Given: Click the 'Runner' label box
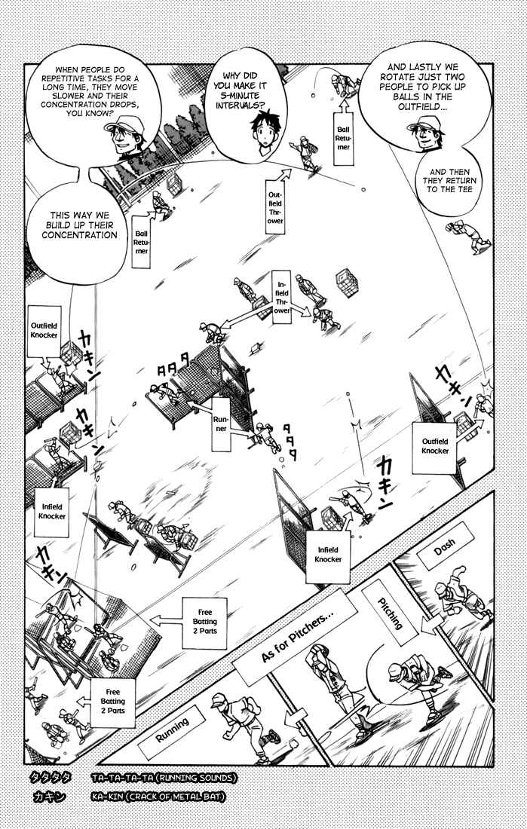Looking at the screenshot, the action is pyautogui.click(x=221, y=424).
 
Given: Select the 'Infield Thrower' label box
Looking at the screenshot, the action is pyautogui.click(x=282, y=297).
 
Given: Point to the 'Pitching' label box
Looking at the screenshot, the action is pyautogui.click(x=390, y=613).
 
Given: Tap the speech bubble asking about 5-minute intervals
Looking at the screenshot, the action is pyautogui.click(x=245, y=112).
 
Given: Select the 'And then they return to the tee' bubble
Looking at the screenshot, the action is pyautogui.click(x=449, y=182).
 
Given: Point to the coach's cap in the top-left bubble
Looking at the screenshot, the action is pyautogui.click(x=124, y=125).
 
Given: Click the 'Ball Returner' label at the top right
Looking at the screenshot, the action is pyautogui.click(x=343, y=138).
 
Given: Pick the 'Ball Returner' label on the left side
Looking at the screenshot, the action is pyautogui.click(x=141, y=242).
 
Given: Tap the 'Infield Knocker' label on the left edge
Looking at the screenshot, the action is pyautogui.click(x=52, y=512).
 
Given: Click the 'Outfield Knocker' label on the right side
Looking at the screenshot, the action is pyautogui.click(x=434, y=448).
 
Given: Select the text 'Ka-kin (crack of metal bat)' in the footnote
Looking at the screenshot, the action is pyautogui.click(x=158, y=797).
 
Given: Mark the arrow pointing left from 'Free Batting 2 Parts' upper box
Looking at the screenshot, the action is pyautogui.click(x=166, y=619).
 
